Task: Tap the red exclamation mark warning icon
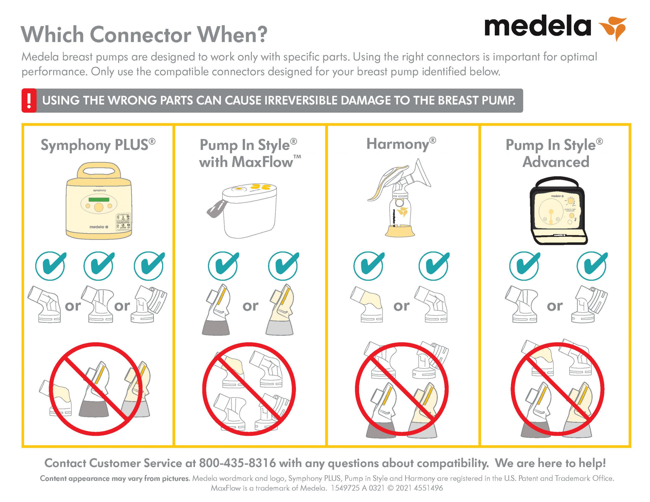point(29,101)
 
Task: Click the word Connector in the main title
point(140,35)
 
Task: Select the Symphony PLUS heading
point(98,145)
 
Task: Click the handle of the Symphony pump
point(99,171)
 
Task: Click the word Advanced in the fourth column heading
point(556,162)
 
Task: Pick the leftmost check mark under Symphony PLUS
point(50,266)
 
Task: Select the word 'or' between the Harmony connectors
point(401,306)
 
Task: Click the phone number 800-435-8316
point(237,463)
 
